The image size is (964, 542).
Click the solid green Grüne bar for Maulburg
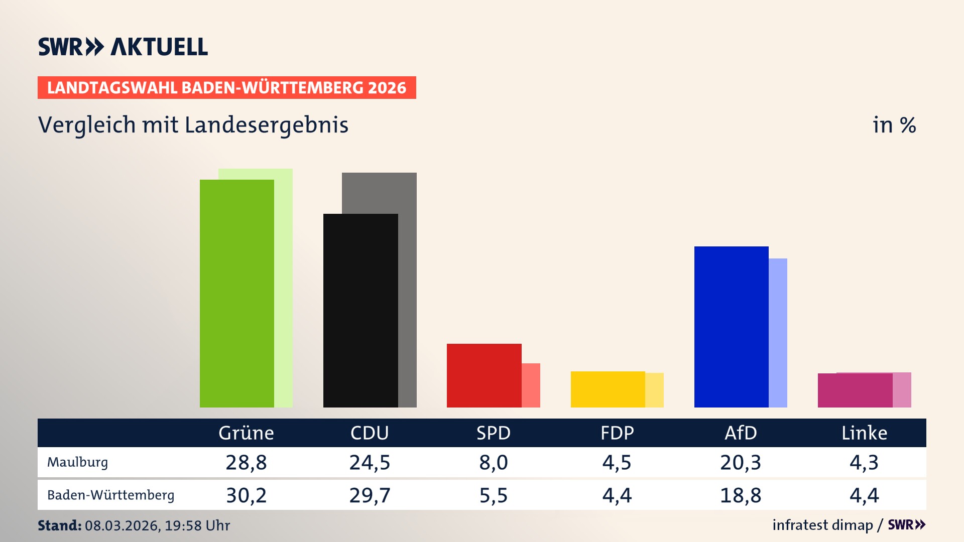click(236, 294)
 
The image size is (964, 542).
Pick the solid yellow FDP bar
click(608, 389)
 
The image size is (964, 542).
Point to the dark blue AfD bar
click(731, 327)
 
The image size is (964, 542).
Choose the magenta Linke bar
click(855, 390)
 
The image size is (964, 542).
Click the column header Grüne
click(246, 433)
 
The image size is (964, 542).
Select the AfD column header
click(741, 433)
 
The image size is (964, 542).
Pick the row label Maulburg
click(77, 462)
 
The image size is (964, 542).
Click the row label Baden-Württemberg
click(110, 495)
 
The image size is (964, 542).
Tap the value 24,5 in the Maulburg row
click(370, 462)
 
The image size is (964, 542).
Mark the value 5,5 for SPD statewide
click(493, 495)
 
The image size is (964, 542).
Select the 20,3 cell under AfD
click(741, 462)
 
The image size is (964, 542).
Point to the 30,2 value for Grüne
click(246, 495)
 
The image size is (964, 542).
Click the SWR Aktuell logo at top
click(123, 47)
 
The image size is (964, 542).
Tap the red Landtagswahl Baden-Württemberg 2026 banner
click(226, 88)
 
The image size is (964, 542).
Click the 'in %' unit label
click(894, 125)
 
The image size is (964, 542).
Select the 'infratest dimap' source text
click(822, 525)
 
